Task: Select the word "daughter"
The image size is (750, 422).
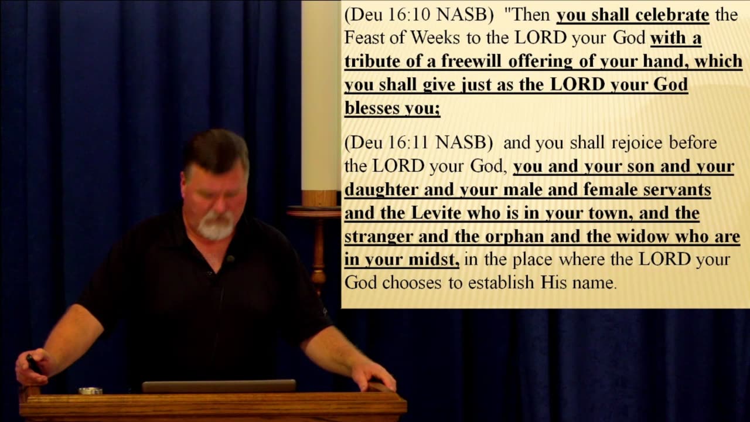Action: click(x=381, y=190)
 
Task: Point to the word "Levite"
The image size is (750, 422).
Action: click(x=436, y=213)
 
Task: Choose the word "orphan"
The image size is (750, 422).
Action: click(x=514, y=237)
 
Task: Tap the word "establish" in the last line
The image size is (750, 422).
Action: click(x=501, y=283)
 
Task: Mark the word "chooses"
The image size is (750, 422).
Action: click(x=412, y=283)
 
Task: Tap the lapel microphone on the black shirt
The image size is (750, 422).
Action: click(x=230, y=258)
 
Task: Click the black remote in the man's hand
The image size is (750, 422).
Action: click(x=33, y=364)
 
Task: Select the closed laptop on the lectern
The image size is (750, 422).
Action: click(x=219, y=386)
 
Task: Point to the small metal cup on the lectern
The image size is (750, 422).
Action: click(x=90, y=390)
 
